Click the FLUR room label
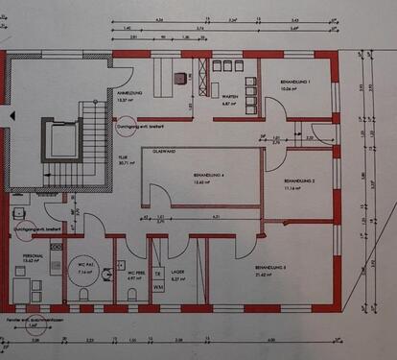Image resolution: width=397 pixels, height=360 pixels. point(122,159)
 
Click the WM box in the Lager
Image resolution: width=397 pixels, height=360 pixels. point(158,285)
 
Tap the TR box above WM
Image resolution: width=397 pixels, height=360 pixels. point(158,272)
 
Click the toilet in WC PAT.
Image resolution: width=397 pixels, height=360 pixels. point(84,295)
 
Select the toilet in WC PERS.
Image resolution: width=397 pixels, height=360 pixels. point(132,294)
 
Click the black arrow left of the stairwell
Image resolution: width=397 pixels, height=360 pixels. point(12,113)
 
